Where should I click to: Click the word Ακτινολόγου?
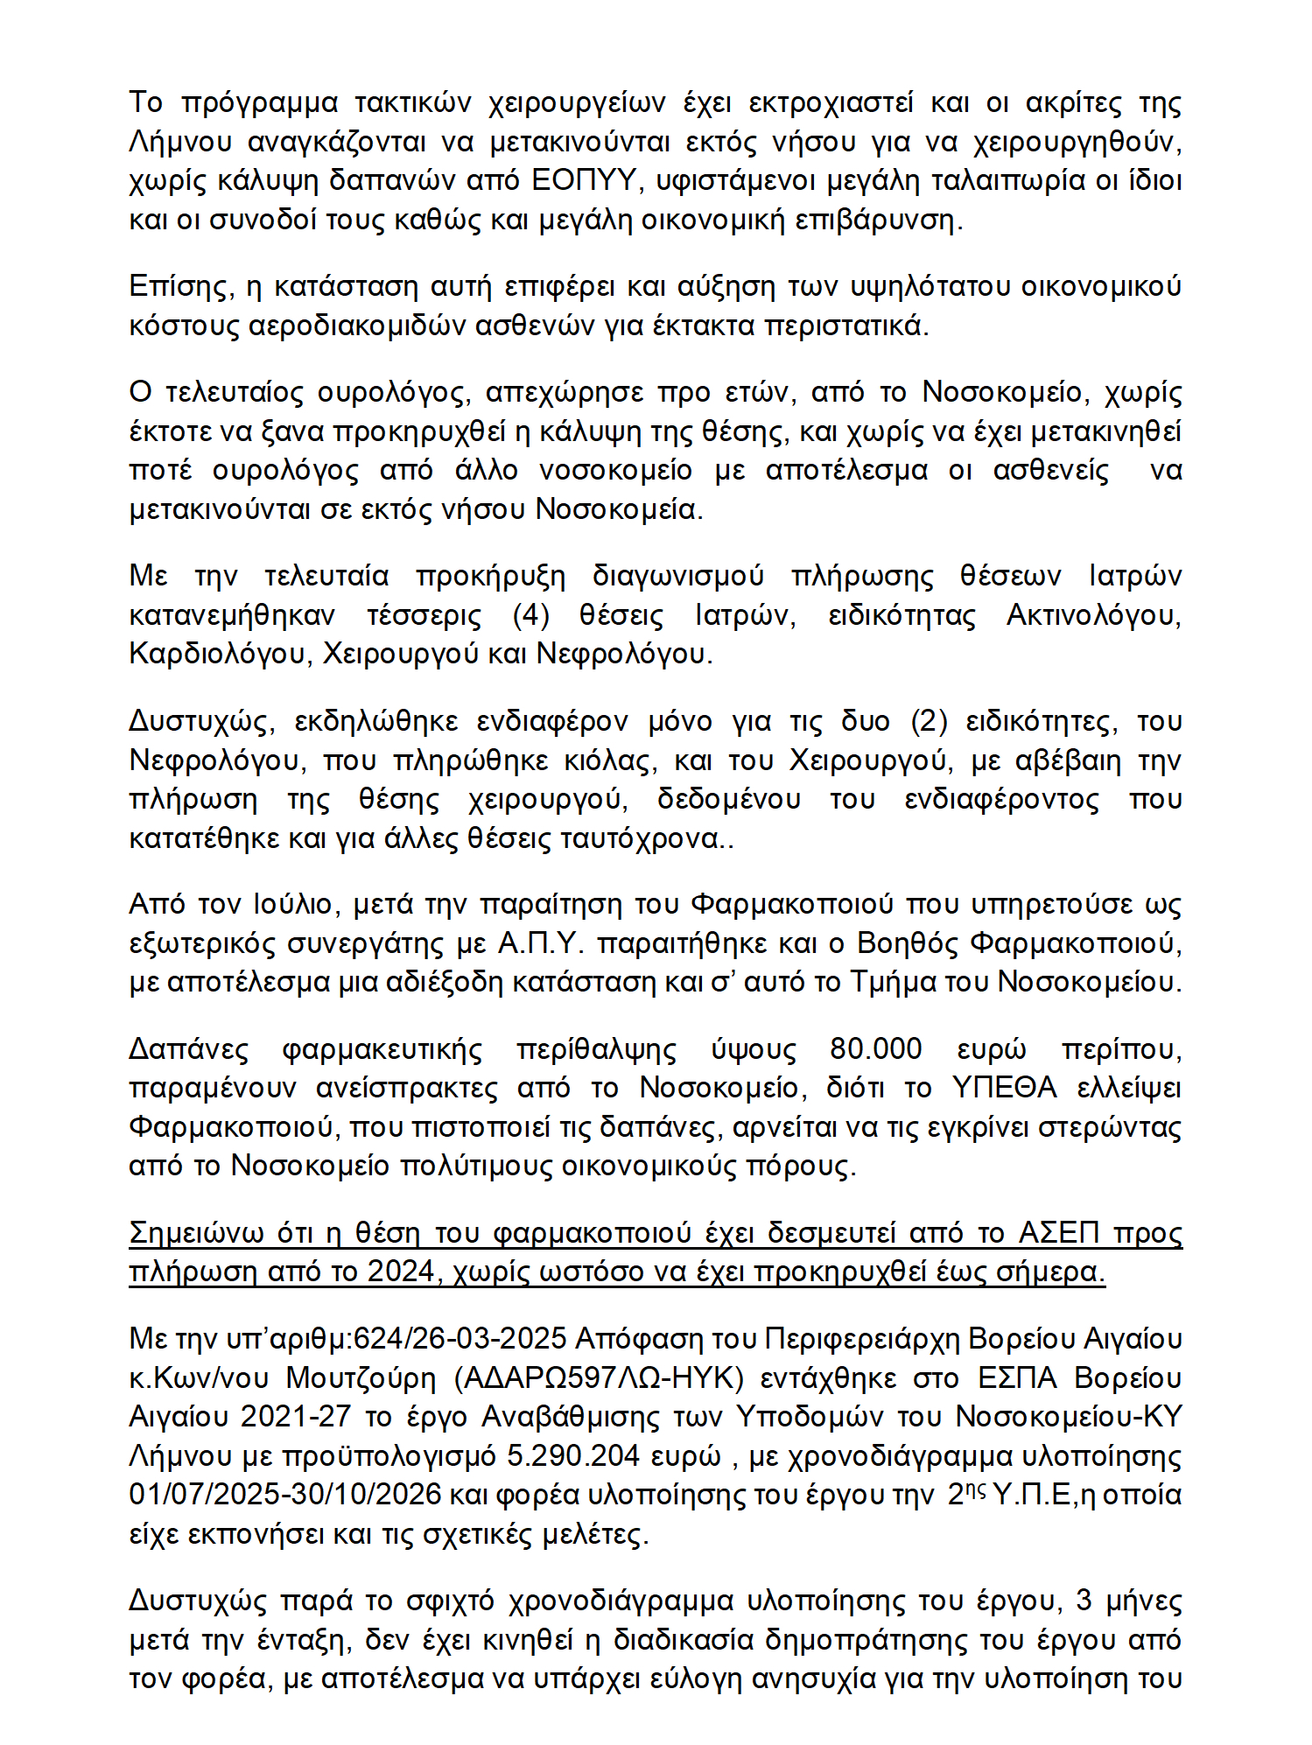tap(1093, 615)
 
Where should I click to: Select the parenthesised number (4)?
tap(531, 615)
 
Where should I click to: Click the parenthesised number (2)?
tap(930, 721)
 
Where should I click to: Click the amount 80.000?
tap(876, 1048)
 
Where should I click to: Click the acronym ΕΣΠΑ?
tap(1018, 1377)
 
